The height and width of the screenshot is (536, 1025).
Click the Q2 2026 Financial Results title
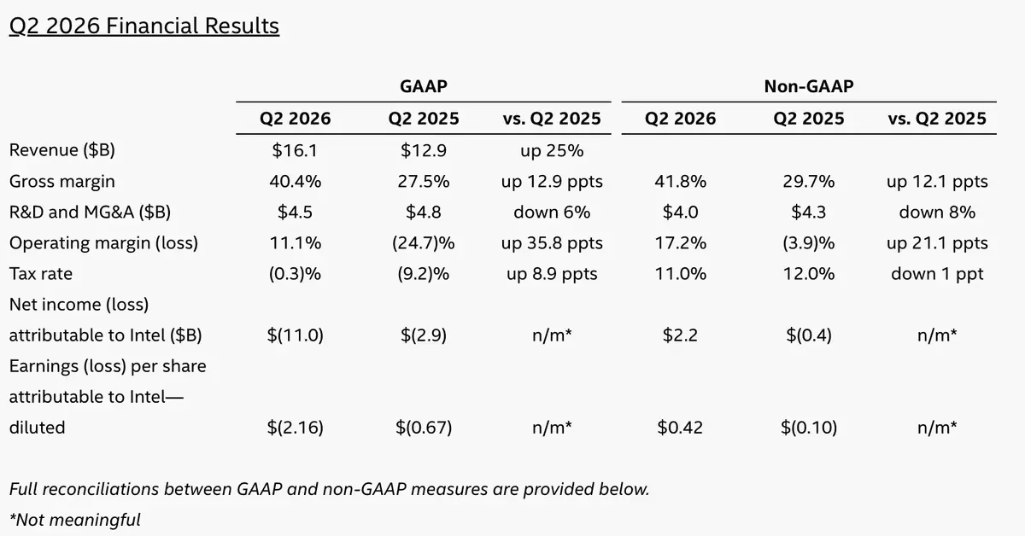pyautogui.click(x=144, y=26)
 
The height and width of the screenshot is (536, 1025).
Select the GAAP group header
pyautogui.click(x=424, y=86)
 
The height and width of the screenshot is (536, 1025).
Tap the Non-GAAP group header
pyautogui.click(x=809, y=86)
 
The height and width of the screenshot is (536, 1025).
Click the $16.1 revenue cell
pyautogui.click(x=295, y=150)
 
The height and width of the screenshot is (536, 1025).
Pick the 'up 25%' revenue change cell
pyautogui.click(x=552, y=150)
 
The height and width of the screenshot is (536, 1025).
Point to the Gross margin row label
pyautogui.click(x=61, y=182)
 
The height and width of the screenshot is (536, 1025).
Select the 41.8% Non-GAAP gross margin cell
pyautogui.click(x=681, y=182)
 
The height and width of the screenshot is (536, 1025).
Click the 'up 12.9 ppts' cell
pyautogui.click(x=552, y=182)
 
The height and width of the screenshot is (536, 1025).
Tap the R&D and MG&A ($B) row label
pyautogui.click(x=90, y=213)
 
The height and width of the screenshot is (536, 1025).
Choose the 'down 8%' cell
pyautogui.click(x=937, y=213)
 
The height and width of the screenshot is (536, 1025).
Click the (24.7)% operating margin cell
pyautogui.click(x=424, y=243)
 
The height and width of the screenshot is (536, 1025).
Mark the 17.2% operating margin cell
pyautogui.click(x=681, y=243)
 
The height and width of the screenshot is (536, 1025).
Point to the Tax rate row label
pyautogui.click(x=41, y=273)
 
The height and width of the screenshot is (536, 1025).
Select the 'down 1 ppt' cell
pyautogui.click(x=937, y=274)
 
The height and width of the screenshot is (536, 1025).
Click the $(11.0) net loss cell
pyautogui.click(x=296, y=335)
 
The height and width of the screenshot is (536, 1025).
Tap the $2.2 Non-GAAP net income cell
pyautogui.click(x=681, y=335)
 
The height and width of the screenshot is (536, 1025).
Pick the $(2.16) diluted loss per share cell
pyautogui.click(x=296, y=428)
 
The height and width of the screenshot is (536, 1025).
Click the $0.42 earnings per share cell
pyautogui.click(x=680, y=428)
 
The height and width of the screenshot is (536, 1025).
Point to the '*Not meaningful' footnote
pyautogui.click(x=74, y=520)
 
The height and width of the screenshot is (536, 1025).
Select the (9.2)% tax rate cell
pyautogui.click(x=424, y=274)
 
